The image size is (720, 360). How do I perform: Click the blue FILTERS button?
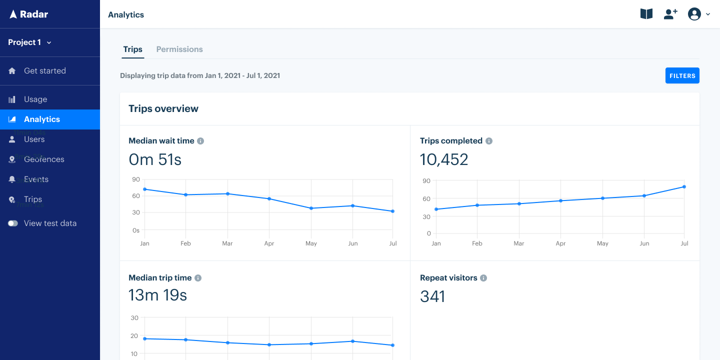(x=682, y=75)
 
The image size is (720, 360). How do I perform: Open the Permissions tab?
(x=179, y=49)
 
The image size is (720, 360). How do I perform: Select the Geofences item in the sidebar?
(x=44, y=159)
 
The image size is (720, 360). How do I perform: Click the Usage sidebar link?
(x=35, y=99)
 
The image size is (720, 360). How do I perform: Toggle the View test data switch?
(x=13, y=223)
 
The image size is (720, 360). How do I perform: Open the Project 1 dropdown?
(x=29, y=42)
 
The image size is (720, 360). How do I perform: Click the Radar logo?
(x=28, y=14)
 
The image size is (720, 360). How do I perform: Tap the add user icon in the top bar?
(x=670, y=14)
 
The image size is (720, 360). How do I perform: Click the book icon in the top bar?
(x=646, y=14)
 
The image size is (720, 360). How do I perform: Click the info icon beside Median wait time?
(x=200, y=141)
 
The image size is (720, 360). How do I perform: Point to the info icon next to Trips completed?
(x=489, y=141)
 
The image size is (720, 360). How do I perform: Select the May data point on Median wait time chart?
(x=311, y=208)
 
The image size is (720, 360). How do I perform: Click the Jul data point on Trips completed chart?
(x=684, y=186)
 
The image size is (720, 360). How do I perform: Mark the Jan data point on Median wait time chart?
(x=144, y=189)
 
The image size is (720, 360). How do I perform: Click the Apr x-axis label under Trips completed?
(x=560, y=243)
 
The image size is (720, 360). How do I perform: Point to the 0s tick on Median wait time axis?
(x=136, y=230)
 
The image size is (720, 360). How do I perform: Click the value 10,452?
(x=444, y=159)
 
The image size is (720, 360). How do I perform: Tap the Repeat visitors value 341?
(x=432, y=296)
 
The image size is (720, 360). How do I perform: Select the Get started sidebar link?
(x=44, y=70)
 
